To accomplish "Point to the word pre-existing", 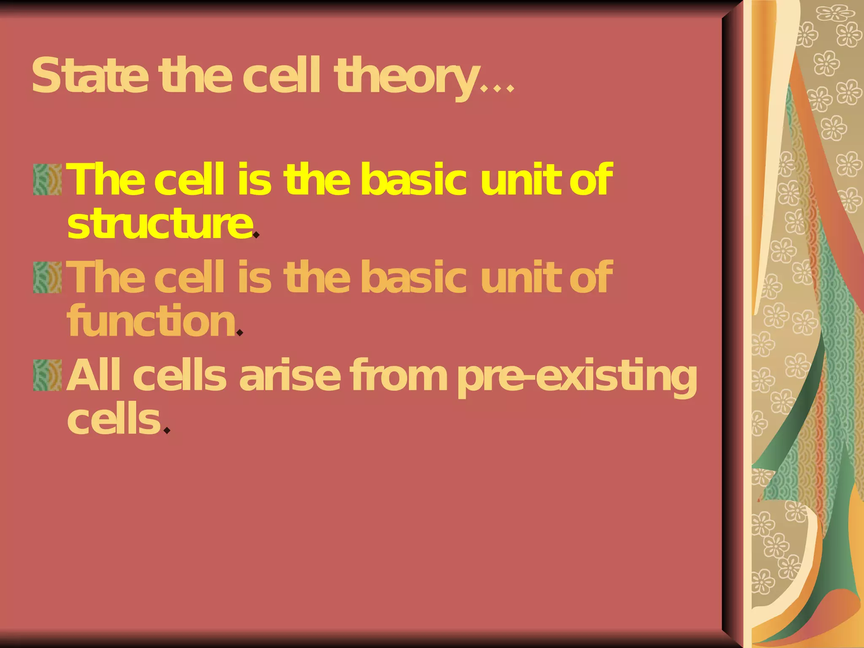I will pos(577,377).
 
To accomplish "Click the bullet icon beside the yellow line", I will pos(47,179).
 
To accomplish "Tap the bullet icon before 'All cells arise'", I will pos(47,375).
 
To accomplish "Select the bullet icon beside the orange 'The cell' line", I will pos(47,277).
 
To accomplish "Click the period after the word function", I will pos(240,332).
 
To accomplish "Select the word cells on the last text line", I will pos(114,420).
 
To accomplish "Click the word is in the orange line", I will pos(254,277).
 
